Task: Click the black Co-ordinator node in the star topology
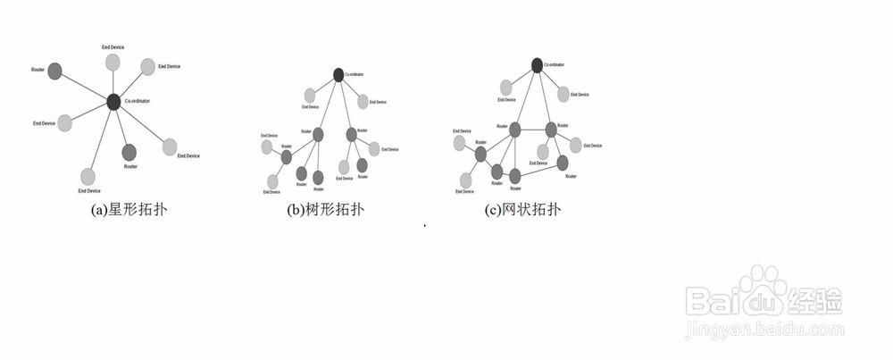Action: pyautogui.click(x=113, y=102)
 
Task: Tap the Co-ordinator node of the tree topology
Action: pyautogui.click(x=339, y=75)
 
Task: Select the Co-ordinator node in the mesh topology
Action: pyautogui.click(x=536, y=64)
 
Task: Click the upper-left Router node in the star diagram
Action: pyautogui.click(x=54, y=70)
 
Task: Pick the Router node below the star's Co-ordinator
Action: pyautogui.click(x=129, y=151)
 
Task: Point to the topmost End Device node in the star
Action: pyautogui.click(x=113, y=62)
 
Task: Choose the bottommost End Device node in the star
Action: pyautogui.click(x=88, y=175)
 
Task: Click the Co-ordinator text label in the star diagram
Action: pyautogui.click(x=138, y=102)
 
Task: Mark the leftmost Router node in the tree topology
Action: pyautogui.click(x=287, y=157)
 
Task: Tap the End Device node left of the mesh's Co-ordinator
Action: pyautogui.click(x=506, y=87)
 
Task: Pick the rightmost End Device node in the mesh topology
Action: pyautogui.click(x=576, y=145)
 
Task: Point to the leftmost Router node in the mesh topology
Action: pyautogui.click(x=481, y=155)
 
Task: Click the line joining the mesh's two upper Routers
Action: pyautogui.click(x=533, y=130)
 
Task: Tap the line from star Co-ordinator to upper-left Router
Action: pyautogui.click(x=84, y=86)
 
